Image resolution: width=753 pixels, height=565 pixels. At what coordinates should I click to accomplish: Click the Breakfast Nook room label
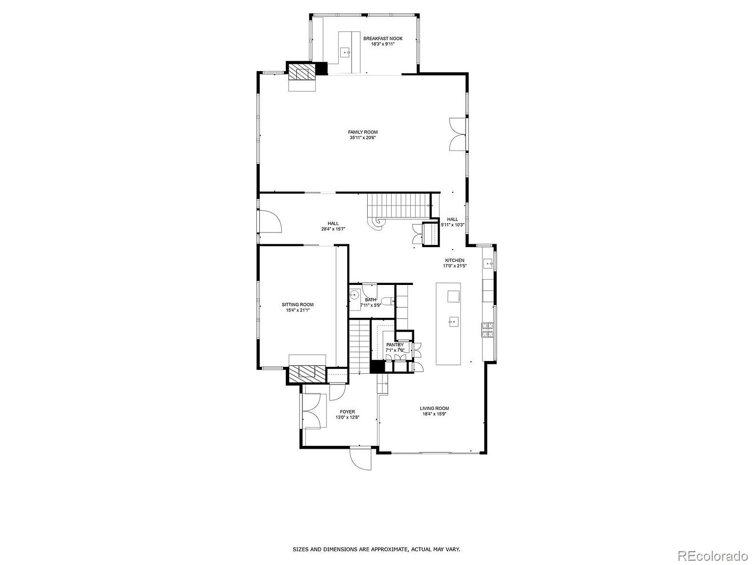[x=382, y=38]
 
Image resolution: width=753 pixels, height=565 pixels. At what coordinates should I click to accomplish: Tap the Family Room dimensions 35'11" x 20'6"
[x=363, y=138]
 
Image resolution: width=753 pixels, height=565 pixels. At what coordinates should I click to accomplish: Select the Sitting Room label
[x=298, y=305]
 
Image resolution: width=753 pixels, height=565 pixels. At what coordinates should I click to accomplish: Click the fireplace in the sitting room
[x=307, y=374]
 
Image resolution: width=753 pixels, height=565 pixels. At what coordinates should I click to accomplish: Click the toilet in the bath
[x=387, y=301]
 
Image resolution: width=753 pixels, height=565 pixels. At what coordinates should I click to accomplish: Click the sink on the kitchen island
[x=453, y=322]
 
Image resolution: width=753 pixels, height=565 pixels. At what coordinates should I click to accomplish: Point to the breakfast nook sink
[x=346, y=51]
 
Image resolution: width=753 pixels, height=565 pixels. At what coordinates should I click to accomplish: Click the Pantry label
[x=395, y=345]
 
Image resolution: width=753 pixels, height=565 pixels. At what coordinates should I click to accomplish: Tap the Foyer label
[x=348, y=412]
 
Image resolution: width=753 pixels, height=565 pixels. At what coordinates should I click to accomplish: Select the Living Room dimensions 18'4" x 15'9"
[x=434, y=414]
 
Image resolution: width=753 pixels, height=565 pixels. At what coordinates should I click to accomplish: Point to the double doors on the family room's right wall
[x=455, y=134]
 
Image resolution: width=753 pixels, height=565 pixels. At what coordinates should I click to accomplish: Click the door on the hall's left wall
[x=270, y=222]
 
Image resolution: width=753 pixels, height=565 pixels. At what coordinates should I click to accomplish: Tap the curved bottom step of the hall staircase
[x=378, y=223]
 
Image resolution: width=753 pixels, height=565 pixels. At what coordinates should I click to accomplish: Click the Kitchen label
[x=454, y=260]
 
